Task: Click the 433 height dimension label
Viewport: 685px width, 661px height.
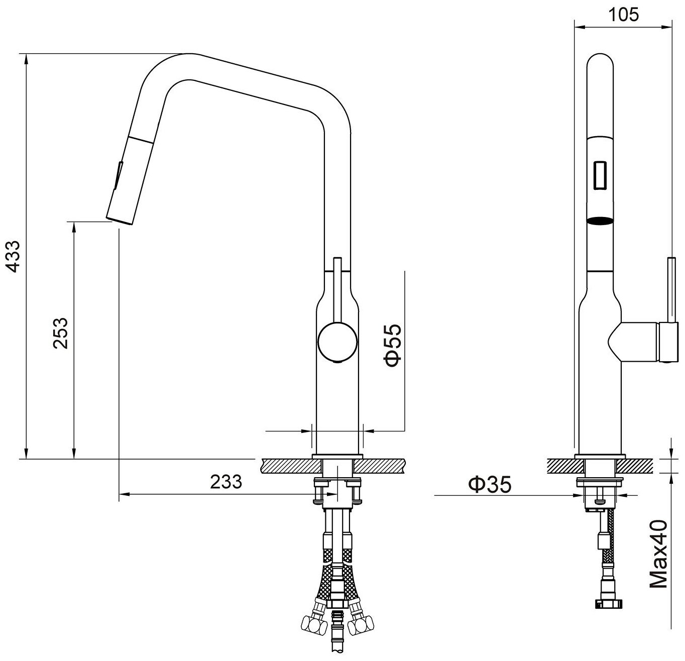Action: [14, 256]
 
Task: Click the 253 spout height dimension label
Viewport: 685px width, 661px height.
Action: [60, 333]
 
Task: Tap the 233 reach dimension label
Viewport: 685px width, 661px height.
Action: [226, 482]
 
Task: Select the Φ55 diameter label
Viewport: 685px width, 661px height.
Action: [393, 346]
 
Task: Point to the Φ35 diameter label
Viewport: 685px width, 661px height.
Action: [490, 484]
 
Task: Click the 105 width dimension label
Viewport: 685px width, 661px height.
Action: [623, 15]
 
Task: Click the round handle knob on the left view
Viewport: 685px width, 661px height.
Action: [337, 343]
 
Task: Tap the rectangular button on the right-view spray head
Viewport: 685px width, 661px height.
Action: [600, 175]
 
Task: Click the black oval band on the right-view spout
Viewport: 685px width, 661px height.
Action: [600, 221]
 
